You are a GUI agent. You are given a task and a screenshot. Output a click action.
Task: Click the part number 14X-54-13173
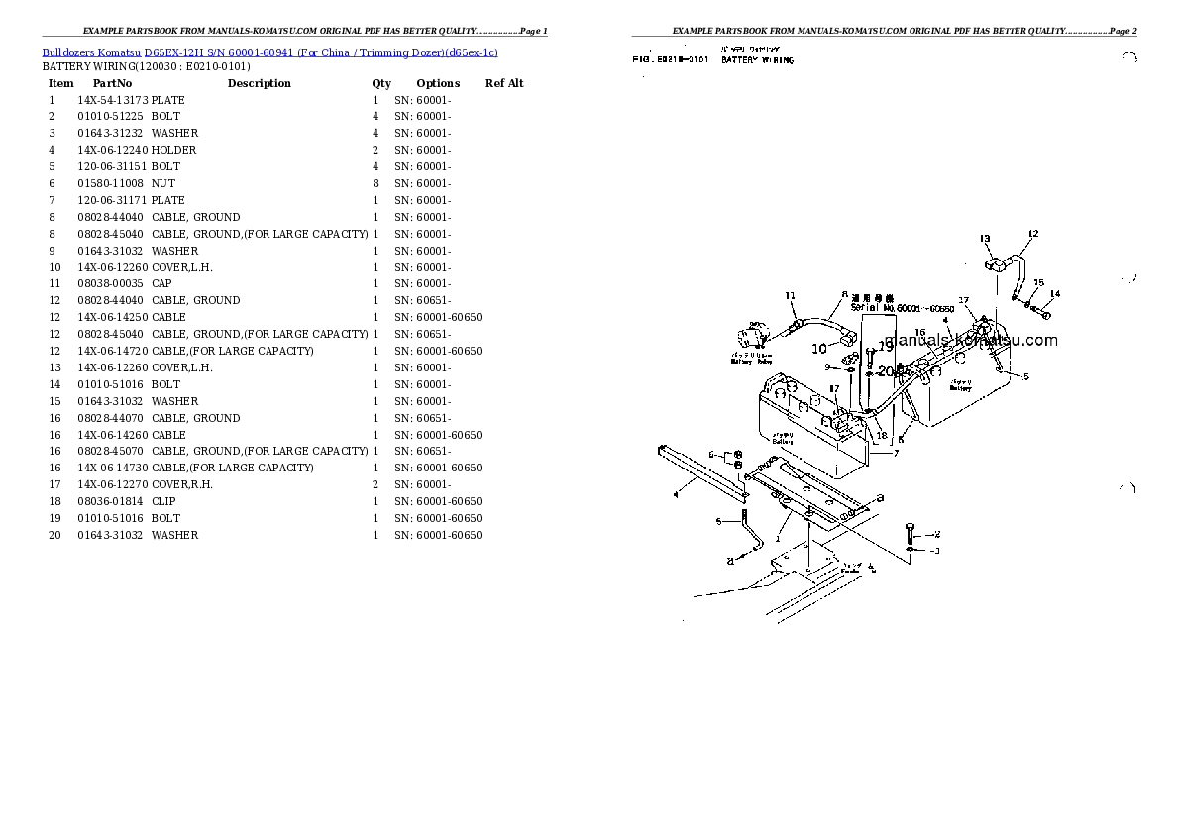112,100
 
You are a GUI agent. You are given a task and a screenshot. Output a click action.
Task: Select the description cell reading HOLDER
173,150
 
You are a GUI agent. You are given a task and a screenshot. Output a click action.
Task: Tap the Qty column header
381,83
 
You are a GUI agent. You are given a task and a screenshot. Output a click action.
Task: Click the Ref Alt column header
504,83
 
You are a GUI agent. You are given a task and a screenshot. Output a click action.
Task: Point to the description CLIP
164,501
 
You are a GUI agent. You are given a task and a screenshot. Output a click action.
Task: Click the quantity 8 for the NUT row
375,183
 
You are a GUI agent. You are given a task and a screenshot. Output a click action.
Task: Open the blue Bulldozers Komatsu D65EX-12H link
269,52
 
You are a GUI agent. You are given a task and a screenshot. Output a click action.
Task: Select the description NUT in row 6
163,183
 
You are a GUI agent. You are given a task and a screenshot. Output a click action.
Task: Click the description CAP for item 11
161,283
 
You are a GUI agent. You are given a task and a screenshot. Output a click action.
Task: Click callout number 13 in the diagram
985,239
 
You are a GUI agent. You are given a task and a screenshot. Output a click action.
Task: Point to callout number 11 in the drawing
791,295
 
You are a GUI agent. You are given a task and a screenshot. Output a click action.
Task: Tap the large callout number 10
818,348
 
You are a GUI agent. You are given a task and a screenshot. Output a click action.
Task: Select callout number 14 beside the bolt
1054,294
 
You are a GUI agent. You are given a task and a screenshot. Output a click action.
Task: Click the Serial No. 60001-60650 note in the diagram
902,308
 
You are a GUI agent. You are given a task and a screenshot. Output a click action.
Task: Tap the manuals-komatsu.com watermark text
971,340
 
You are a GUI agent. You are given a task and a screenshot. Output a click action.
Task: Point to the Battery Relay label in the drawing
749,358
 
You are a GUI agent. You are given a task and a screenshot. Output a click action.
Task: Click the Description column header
259,83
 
